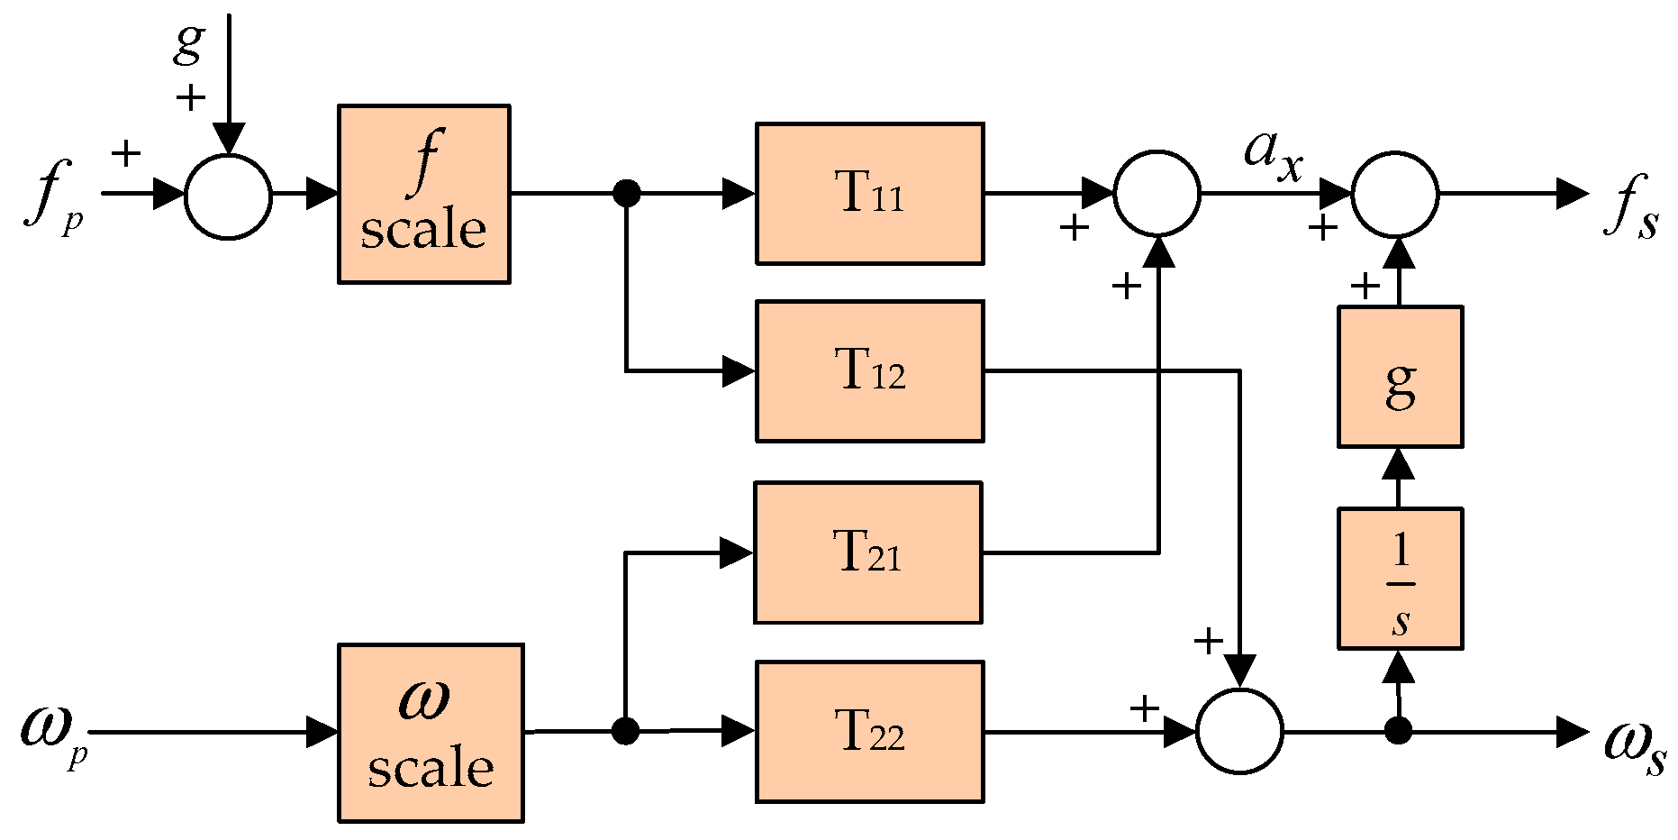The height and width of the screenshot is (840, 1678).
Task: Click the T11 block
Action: point(869,193)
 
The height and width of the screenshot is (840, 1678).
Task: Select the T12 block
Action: point(869,370)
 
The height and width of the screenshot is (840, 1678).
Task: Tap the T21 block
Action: point(867,552)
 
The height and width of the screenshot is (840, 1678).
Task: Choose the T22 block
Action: point(869,731)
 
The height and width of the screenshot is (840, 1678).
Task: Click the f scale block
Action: point(423,194)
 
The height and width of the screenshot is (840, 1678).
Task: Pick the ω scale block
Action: point(431,732)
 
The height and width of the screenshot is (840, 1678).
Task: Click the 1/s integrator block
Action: point(1400,578)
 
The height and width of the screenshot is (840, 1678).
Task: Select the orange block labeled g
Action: point(1400,376)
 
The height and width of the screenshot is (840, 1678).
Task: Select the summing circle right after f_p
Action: point(228,196)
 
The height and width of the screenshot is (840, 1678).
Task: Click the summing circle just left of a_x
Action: point(1157,193)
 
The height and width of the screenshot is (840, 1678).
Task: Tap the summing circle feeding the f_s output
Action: point(1396,194)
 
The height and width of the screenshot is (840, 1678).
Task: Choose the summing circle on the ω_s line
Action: point(1239,731)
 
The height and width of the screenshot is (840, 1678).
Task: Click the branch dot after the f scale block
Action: point(626,193)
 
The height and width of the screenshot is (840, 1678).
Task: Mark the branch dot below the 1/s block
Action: point(1398,731)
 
